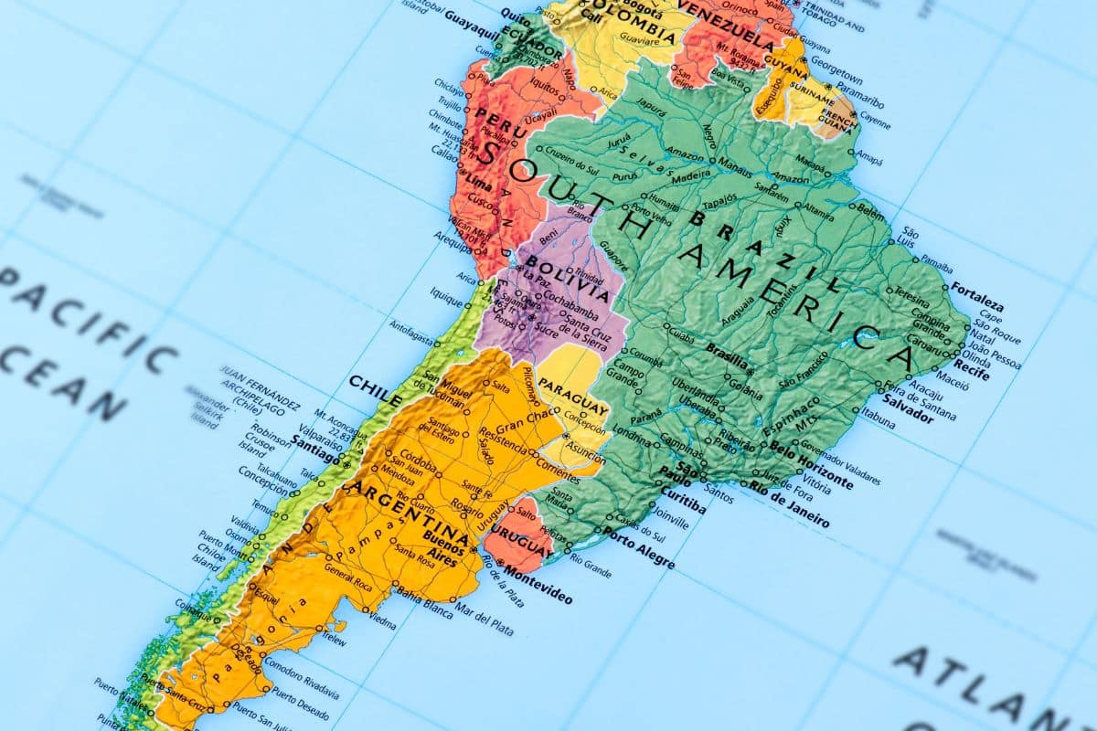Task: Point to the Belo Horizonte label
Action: (812, 463)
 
